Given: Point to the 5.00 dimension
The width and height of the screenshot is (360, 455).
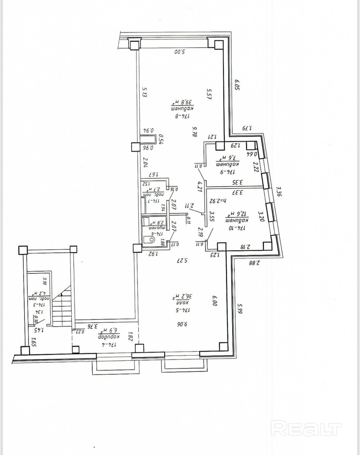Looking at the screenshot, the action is pyautogui.click(x=179, y=52).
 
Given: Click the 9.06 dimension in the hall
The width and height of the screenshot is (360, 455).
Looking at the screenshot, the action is pyautogui.click(x=182, y=324).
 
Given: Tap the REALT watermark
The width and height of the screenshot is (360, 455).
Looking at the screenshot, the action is pyautogui.click(x=306, y=429).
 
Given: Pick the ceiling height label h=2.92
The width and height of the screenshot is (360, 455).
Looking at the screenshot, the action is pyautogui.click(x=218, y=201).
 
